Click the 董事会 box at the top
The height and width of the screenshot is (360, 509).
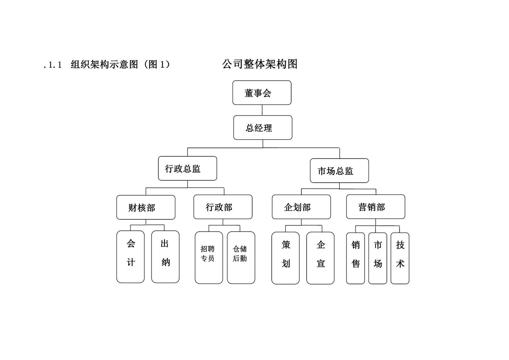click(x=262, y=93)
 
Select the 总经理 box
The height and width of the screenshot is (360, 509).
click(x=263, y=128)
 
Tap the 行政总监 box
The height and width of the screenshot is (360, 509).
click(x=187, y=168)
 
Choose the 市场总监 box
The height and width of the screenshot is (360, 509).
click(x=339, y=171)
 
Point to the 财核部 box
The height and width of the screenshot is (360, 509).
click(x=146, y=208)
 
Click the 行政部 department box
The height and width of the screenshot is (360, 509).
click(x=223, y=207)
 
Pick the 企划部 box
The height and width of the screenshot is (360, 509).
click(x=301, y=207)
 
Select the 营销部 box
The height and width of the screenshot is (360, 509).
click(x=375, y=207)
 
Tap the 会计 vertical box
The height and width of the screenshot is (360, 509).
click(x=130, y=256)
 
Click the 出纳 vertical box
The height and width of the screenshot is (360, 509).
click(x=165, y=256)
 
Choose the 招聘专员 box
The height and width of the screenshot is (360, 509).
click(x=209, y=257)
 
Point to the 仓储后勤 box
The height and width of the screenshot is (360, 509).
click(x=241, y=257)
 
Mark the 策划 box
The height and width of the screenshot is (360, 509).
click(x=285, y=258)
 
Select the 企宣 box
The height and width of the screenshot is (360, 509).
click(x=320, y=258)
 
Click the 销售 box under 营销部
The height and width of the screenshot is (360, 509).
click(x=355, y=258)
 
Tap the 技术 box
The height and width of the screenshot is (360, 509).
click(x=400, y=258)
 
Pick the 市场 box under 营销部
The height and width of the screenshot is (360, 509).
click(x=377, y=258)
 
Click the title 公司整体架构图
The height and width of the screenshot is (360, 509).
click(x=260, y=64)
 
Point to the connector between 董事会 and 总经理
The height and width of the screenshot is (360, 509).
click(x=262, y=110)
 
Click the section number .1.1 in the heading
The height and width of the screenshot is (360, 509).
click(x=53, y=65)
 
